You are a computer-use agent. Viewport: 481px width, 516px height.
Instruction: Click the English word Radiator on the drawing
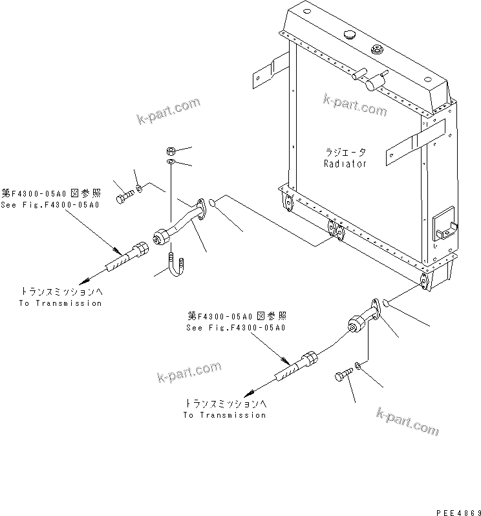point(345,164)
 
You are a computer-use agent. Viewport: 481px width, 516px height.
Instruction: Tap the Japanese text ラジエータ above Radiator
point(345,153)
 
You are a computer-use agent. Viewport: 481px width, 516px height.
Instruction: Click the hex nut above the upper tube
point(169,151)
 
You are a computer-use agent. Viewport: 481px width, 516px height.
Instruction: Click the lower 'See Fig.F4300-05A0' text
point(236,328)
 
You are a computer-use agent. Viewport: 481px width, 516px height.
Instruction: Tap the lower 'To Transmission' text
point(224,414)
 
